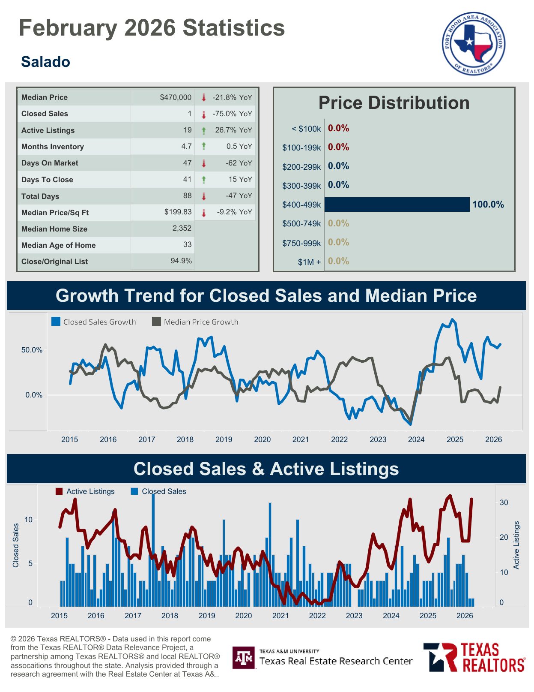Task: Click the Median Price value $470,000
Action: (x=176, y=97)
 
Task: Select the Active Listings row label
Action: (x=48, y=130)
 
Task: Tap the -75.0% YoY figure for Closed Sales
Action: (x=232, y=114)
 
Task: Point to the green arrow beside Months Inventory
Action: (x=204, y=146)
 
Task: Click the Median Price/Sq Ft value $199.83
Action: (x=178, y=212)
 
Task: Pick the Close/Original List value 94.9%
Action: (x=181, y=261)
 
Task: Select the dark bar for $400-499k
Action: (x=397, y=205)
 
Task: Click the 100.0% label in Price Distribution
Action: (x=488, y=205)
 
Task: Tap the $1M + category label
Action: (x=309, y=262)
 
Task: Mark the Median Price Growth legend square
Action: (x=157, y=322)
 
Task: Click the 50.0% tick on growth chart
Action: (x=32, y=350)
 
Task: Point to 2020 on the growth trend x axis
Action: (x=262, y=439)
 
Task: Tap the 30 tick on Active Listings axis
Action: (x=504, y=502)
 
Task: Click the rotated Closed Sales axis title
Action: (x=16, y=545)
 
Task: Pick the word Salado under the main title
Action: (x=45, y=62)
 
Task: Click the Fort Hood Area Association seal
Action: (x=473, y=43)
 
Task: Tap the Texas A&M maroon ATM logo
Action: (x=244, y=658)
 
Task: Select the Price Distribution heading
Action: (x=394, y=103)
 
